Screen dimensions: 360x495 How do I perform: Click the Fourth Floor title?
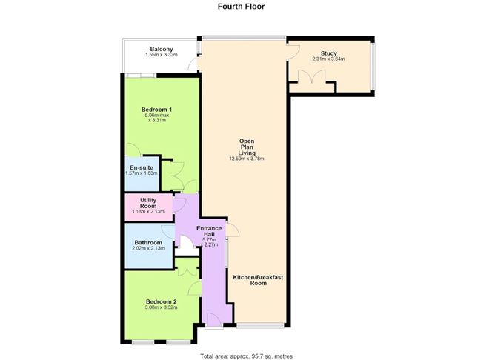click(241, 7)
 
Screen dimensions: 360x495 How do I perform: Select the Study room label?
click(329, 53)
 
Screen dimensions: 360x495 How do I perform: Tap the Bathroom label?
click(148, 241)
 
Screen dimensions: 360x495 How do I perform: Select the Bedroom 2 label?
click(161, 301)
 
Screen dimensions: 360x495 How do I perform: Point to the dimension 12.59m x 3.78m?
click(247, 159)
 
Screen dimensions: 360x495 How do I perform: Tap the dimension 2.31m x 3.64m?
click(329, 59)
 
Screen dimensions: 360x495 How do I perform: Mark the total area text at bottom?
click(247, 355)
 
